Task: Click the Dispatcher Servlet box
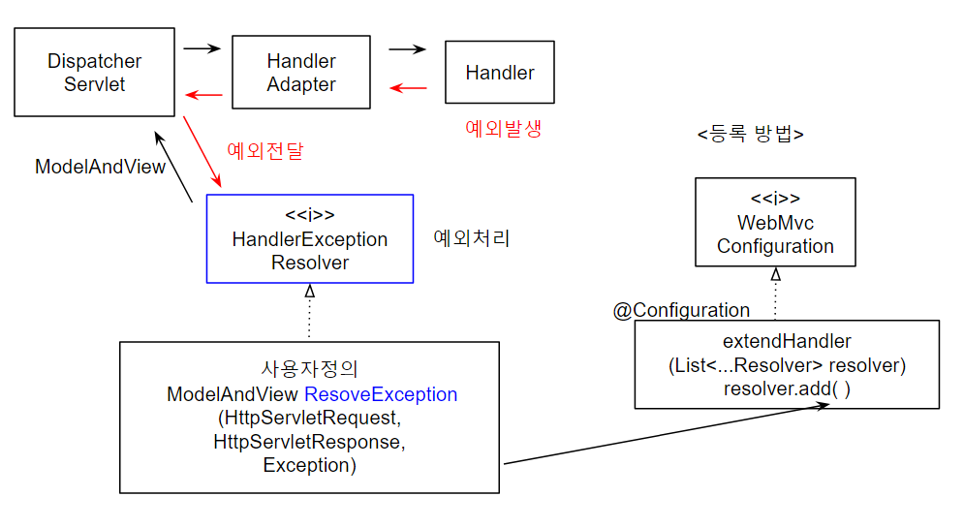95,73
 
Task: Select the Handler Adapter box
301,73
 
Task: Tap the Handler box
500,73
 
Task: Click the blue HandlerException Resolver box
310,238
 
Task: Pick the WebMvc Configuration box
775,222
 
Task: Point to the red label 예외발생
503,128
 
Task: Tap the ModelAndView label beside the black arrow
100,167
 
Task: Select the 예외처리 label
471,237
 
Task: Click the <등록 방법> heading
750,134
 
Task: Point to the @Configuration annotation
681,310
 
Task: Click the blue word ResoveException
381,394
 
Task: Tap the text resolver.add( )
787,388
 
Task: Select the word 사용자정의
310,370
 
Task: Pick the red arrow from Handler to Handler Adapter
408,88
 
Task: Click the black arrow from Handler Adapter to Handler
407,48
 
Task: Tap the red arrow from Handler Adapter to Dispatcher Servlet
204,94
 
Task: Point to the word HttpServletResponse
308,442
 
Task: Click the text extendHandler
787,342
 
